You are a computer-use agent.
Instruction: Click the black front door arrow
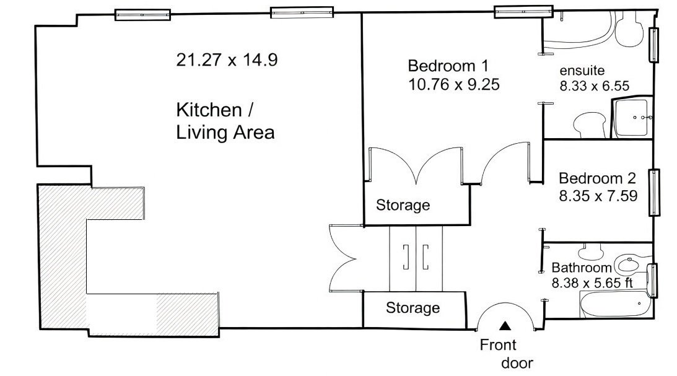[x=506, y=325]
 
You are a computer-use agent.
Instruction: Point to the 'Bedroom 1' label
[x=448, y=66]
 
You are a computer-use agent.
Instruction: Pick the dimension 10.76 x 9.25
[x=453, y=84]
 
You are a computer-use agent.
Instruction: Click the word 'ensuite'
[x=582, y=69]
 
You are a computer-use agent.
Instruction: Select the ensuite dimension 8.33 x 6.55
[x=595, y=86]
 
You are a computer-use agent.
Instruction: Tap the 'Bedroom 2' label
[x=597, y=179]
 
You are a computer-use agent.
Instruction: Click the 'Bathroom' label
[x=582, y=268]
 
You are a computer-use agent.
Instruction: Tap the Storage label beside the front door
[x=413, y=308]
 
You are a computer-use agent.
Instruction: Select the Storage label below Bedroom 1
[x=403, y=205]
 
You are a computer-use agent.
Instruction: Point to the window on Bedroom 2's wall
[x=653, y=193]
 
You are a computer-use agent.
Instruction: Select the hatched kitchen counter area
[x=62, y=260]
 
